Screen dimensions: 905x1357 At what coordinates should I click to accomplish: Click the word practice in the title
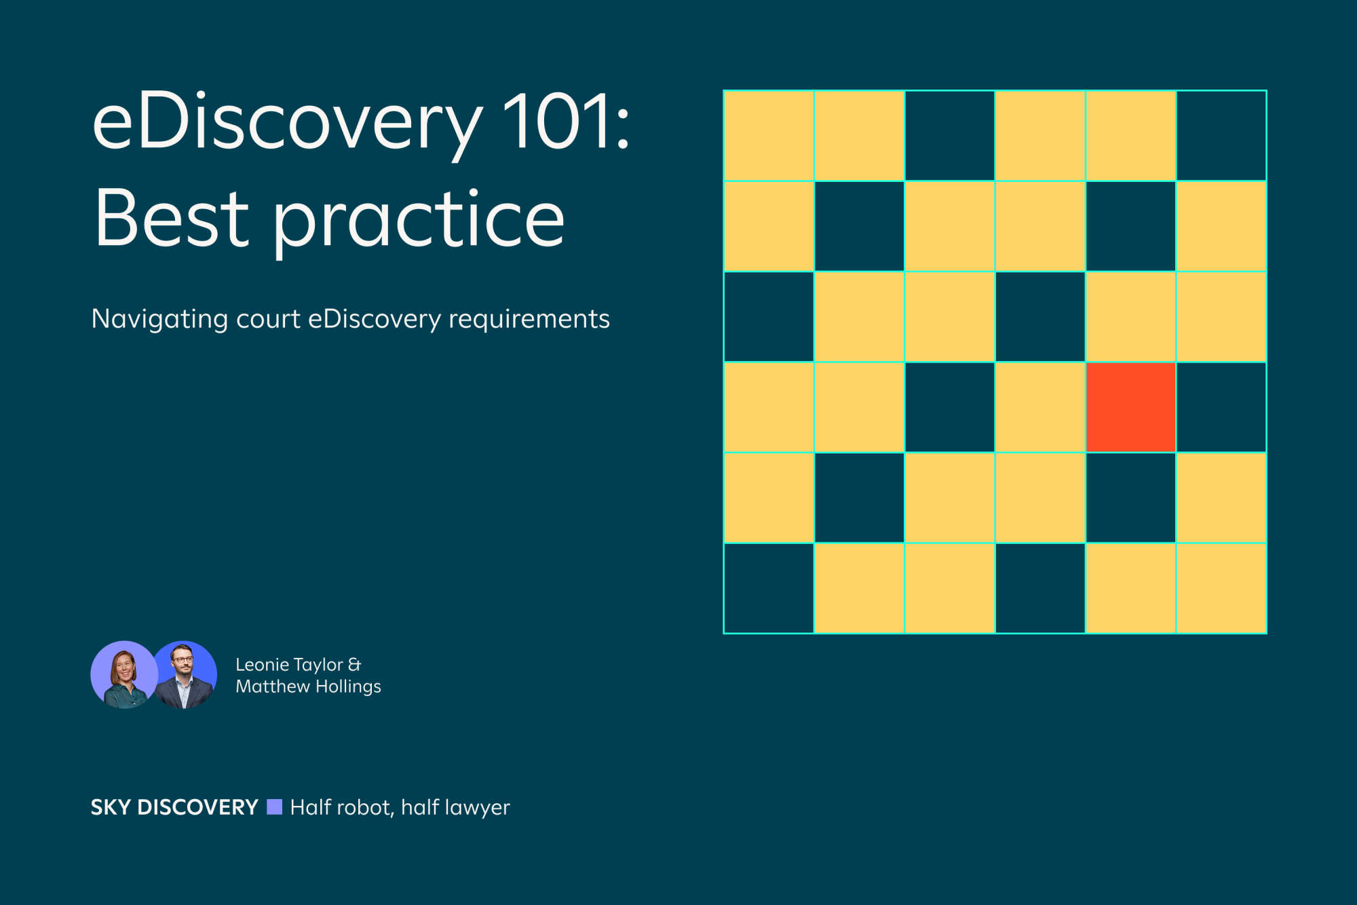point(419,221)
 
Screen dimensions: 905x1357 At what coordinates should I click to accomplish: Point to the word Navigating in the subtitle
point(159,319)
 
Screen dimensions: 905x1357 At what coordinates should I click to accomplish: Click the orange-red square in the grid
point(1130,407)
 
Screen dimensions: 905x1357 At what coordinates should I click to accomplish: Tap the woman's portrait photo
point(124,675)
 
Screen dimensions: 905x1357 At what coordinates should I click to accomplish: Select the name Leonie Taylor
point(289,665)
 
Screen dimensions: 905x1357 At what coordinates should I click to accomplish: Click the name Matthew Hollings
point(308,686)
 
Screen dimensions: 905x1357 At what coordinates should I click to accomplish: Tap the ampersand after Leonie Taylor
point(354,665)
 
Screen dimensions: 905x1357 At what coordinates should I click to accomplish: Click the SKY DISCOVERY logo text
point(174,807)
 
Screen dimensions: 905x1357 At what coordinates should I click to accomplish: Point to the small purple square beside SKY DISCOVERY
point(274,807)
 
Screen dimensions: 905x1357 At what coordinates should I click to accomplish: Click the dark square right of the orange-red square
point(1221,407)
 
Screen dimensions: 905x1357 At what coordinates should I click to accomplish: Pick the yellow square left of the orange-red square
point(1040,407)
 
